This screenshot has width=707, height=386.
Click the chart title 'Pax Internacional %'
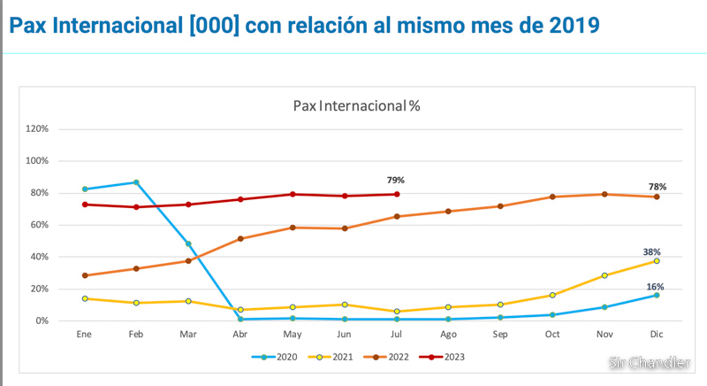(356, 106)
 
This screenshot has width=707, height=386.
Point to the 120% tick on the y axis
(37, 129)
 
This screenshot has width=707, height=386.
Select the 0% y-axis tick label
(42, 320)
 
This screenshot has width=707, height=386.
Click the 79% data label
(395, 181)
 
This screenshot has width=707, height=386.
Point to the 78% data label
(657, 187)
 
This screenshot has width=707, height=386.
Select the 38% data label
(652, 251)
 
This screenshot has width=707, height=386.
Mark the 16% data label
(655, 287)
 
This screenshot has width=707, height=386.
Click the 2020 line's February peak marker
(136, 182)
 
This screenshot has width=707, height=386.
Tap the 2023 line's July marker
(397, 194)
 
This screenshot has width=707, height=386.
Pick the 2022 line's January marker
(85, 275)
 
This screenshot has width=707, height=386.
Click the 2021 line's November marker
(604, 275)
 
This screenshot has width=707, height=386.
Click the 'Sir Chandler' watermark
(650, 363)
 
